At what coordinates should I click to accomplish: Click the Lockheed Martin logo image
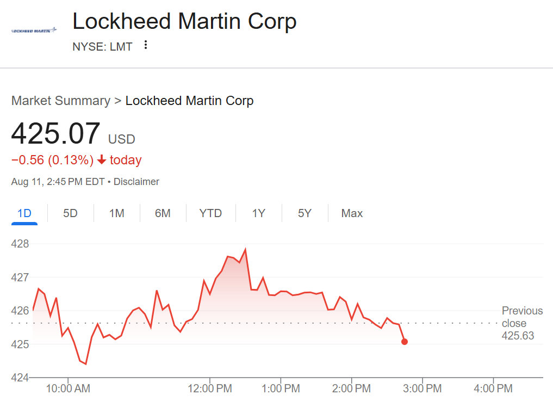(x=34, y=30)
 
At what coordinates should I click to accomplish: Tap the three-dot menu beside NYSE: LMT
(x=145, y=45)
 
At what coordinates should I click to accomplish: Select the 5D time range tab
(x=70, y=213)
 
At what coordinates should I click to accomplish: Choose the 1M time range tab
(x=116, y=213)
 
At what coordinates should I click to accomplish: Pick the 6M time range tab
(x=163, y=213)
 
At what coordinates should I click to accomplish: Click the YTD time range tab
(x=210, y=213)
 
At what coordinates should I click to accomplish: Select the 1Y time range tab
(x=258, y=213)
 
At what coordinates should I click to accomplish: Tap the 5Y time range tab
(x=305, y=213)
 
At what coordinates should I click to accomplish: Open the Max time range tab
(x=352, y=213)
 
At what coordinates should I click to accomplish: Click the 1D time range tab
(x=24, y=213)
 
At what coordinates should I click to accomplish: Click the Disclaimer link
(x=136, y=182)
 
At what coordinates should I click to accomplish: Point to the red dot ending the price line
(x=405, y=342)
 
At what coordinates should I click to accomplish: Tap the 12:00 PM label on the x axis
(x=210, y=388)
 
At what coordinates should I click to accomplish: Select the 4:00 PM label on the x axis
(x=493, y=388)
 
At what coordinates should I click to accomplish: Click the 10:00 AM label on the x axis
(x=68, y=388)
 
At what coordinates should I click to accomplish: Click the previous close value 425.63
(x=518, y=336)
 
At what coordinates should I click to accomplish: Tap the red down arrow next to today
(x=102, y=160)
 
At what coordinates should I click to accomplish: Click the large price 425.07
(x=56, y=134)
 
